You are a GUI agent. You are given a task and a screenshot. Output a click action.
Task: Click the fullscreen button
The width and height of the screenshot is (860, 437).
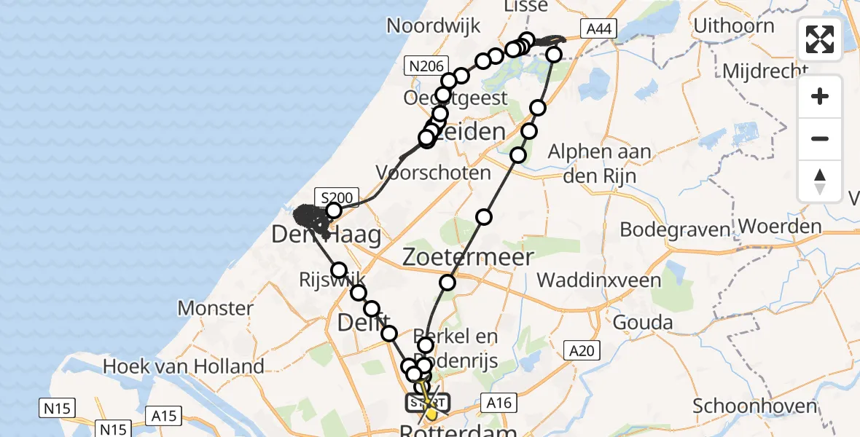[x=820, y=39]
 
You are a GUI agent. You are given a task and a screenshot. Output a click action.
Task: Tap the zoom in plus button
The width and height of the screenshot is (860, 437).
[x=820, y=97]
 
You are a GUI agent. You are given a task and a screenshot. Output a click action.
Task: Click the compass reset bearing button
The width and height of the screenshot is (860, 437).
[x=820, y=181]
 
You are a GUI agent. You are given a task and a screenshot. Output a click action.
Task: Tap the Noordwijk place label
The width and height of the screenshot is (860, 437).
[x=434, y=26]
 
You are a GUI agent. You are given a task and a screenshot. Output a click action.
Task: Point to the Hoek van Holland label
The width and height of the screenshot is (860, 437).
[x=183, y=366]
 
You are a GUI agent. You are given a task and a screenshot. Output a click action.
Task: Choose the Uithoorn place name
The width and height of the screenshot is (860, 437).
[x=733, y=26]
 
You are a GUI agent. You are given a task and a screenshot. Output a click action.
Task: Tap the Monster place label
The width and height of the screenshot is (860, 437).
[x=216, y=307]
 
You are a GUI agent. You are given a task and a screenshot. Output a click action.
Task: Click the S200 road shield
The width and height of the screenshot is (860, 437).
[x=337, y=197]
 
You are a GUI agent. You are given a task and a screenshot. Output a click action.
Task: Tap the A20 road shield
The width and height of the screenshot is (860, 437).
[x=582, y=352]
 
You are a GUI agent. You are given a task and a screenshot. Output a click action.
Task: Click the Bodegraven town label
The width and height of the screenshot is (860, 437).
[x=674, y=230]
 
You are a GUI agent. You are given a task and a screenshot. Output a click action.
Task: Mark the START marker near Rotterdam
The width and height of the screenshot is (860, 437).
[x=428, y=402]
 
